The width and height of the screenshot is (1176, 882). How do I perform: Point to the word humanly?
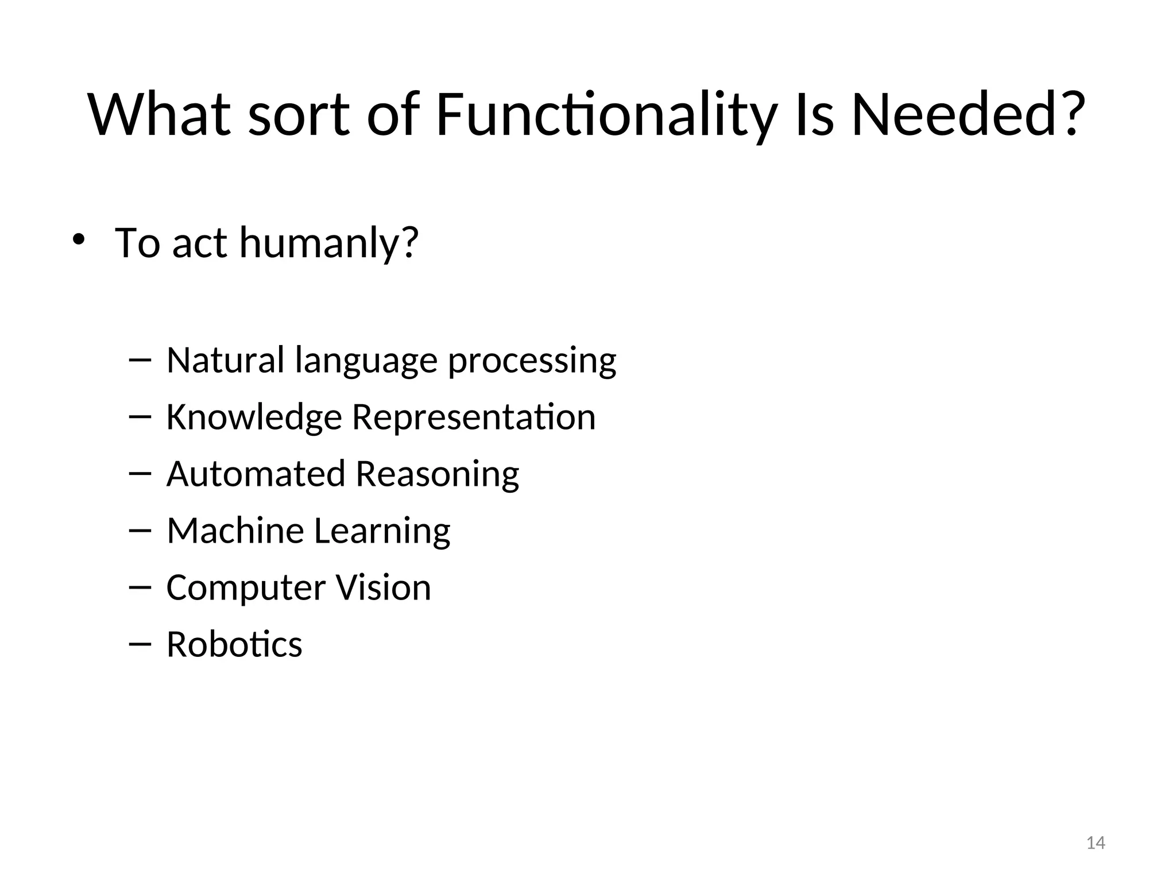(329, 244)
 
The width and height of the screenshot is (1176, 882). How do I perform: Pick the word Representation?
(474, 417)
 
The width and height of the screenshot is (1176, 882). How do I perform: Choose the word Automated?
(256, 474)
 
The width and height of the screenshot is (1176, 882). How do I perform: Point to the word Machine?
(235, 531)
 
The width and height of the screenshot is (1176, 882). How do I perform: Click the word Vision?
(383, 587)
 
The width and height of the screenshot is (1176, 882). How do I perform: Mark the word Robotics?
(234, 644)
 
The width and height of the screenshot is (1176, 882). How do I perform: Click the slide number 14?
(1096, 843)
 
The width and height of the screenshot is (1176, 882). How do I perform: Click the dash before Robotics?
(140, 644)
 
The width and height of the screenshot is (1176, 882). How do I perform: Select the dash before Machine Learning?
(140, 531)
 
